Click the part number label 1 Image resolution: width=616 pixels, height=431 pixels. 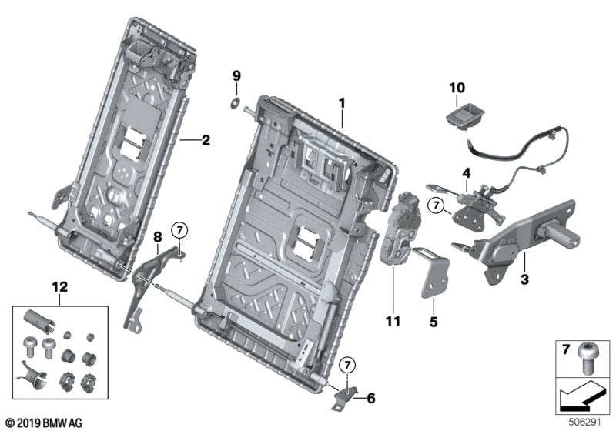pos(343,102)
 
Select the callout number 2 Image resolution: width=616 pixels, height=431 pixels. pos(206,140)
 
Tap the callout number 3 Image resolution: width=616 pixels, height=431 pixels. pos(524,282)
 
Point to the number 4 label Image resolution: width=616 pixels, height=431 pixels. pos(466,172)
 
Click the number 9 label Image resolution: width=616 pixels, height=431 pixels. pos(237,75)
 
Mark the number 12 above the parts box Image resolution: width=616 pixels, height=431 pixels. pos(60,286)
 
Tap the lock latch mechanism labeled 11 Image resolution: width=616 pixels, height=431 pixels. pos(400,231)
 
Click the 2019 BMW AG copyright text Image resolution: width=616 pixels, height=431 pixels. pos(43,423)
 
